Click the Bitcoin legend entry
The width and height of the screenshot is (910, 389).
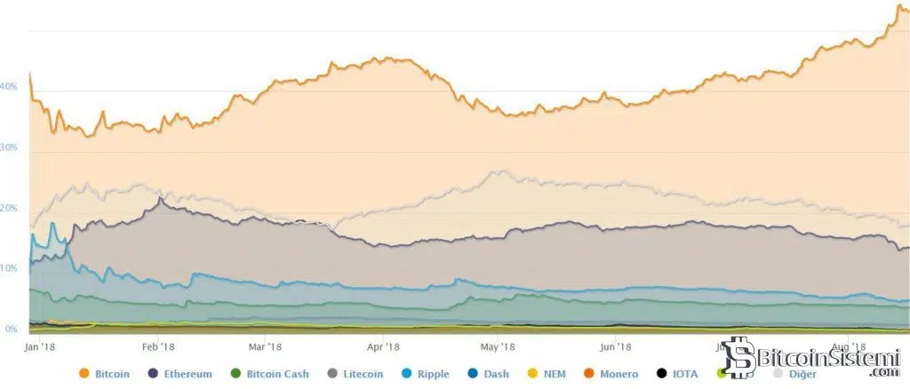112,374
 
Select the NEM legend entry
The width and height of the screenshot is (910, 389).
553,374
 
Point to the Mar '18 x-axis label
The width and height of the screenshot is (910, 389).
264,346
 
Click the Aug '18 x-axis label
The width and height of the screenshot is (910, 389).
850,346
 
